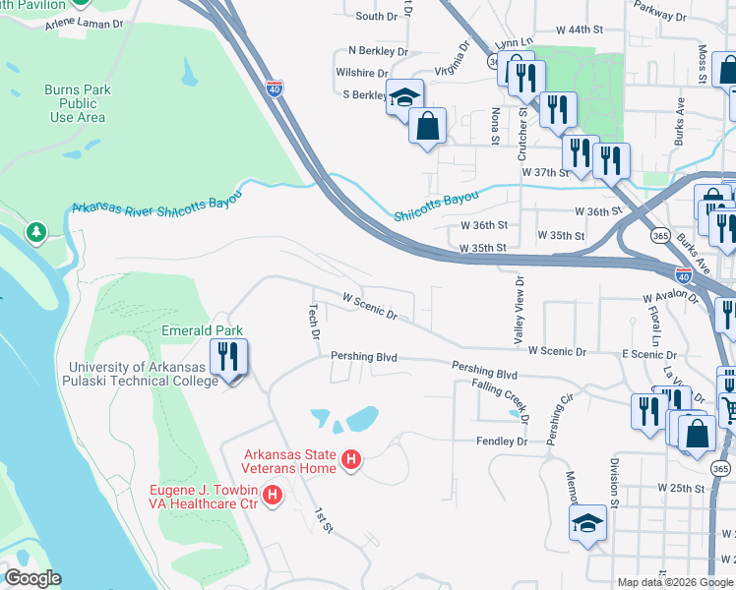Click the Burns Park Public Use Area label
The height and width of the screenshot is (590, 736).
point(77,103)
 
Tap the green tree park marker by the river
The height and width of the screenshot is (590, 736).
point(37,232)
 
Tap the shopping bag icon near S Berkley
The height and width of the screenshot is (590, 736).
point(427,125)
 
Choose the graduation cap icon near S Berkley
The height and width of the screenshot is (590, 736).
point(403,96)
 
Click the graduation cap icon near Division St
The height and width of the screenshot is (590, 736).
point(587,523)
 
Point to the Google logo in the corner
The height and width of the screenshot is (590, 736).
point(31,578)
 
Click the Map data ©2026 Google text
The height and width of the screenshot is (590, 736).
point(674,582)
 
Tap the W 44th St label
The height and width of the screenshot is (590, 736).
point(578,29)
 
